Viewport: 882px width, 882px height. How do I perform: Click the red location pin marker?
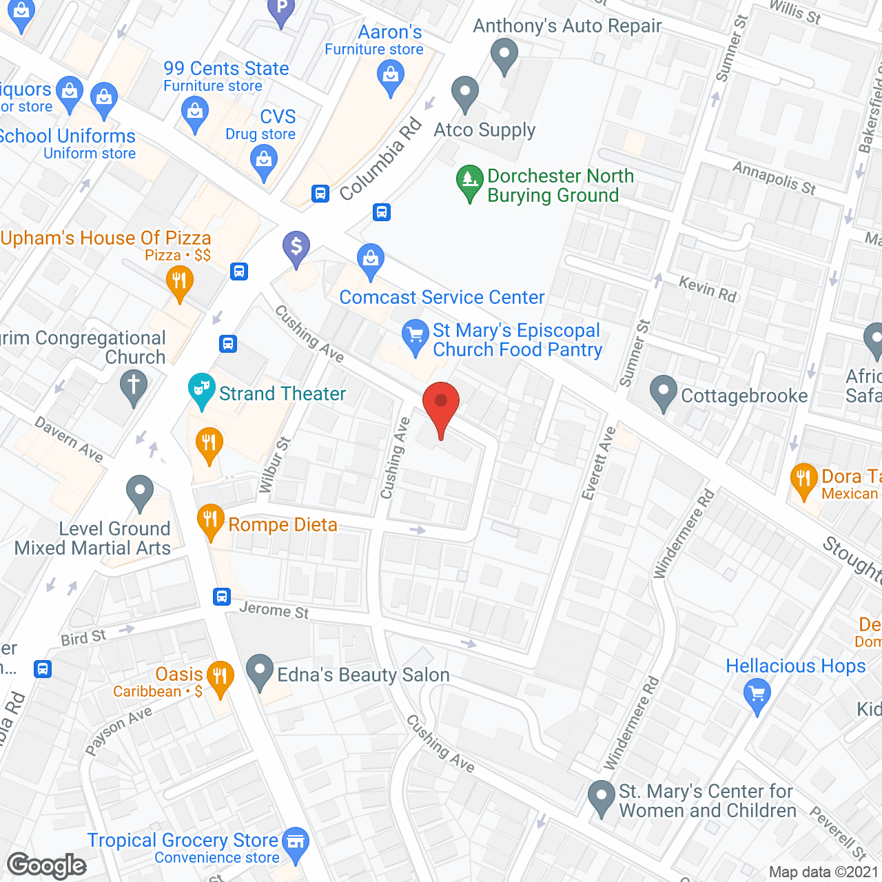point(441,407)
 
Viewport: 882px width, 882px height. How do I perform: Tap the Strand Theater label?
point(282,393)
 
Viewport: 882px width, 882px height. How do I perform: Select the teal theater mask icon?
point(201,389)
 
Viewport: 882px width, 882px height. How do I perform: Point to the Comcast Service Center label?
point(442,297)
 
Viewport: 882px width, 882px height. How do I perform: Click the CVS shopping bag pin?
point(264,163)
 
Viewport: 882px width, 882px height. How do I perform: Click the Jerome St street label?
point(274,610)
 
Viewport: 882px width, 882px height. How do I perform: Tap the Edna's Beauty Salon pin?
point(260,670)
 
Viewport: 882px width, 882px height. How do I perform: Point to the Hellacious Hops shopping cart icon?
point(757,695)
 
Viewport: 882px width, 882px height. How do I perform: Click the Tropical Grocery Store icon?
point(296,843)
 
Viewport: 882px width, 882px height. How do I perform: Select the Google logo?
point(47,865)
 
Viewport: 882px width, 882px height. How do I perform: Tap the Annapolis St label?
point(774,178)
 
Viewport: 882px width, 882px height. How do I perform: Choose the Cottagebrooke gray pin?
point(664,392)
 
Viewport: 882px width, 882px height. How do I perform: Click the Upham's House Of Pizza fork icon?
point(179,282)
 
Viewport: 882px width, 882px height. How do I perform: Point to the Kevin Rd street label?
point(708,289)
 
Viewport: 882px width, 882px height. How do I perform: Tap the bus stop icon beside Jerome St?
point(221,596)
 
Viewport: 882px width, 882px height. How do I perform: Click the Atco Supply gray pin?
point(465,93)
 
